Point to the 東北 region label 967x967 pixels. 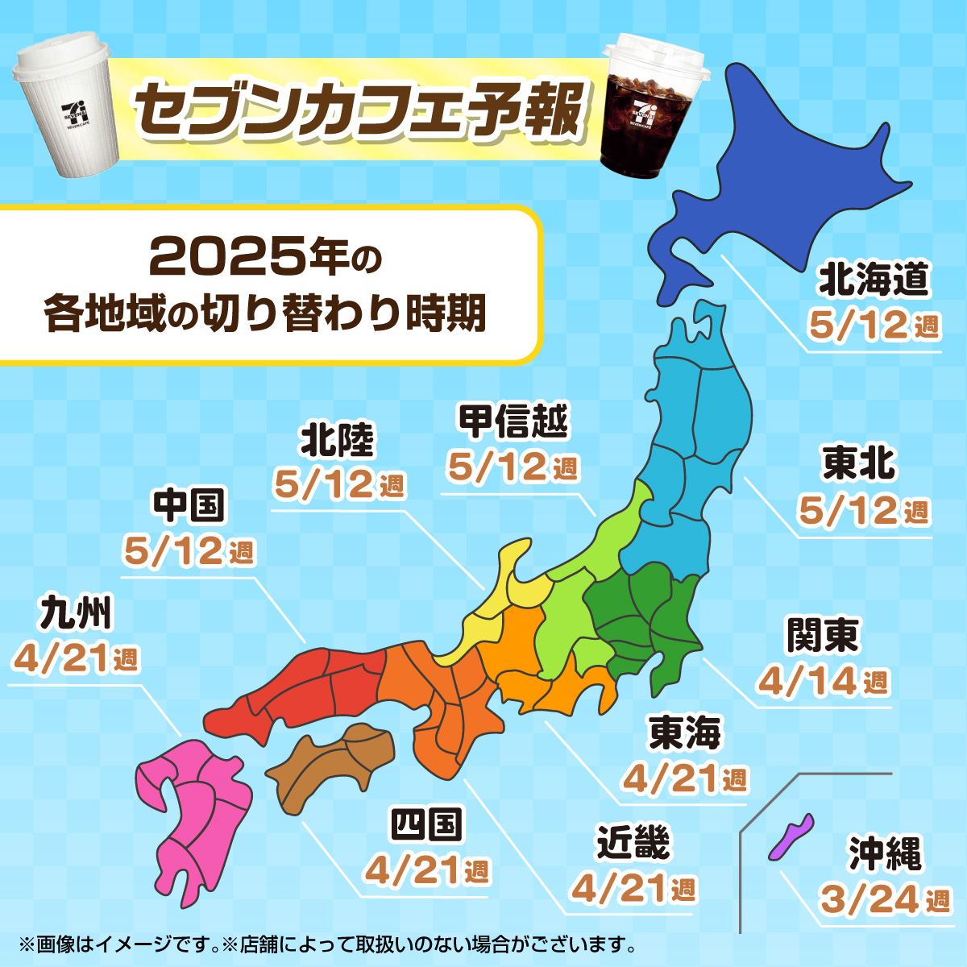[x=859, y=464]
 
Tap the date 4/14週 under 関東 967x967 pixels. [x=823, y=682]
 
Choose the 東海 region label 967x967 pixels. [x=685, y=733]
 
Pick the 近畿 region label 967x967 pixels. [x=633, y=843]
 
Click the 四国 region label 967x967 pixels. [x=426, y=825]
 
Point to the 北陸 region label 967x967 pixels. [x=338, y=440]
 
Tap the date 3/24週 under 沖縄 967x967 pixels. [x=885, y=899]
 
